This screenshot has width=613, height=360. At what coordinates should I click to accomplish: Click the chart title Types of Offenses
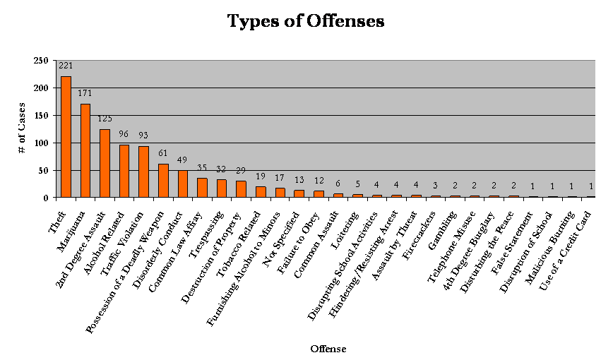coord(305,21)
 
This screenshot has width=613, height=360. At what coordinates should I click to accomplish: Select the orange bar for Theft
coord(66,137)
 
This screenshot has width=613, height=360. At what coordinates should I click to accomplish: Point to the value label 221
coord(66,66)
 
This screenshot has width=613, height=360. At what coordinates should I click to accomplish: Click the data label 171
coord(85,93)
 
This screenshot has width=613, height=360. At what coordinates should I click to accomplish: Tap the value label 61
coord(163,153)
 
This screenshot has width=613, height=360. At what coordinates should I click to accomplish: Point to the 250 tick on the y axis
coord(40,61)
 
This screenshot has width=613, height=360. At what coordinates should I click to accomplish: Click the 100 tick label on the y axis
coord(40,143)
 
